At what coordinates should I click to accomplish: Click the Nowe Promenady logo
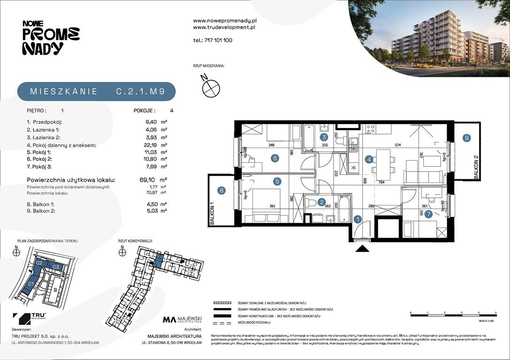[51, 38]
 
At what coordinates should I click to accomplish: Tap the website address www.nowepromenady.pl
[224, 21]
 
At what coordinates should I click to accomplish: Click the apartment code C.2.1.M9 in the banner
[140, 92]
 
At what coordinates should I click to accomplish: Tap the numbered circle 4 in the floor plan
[369, 159]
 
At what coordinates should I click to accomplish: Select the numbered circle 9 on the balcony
[466, 138]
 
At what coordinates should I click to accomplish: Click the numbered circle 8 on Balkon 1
[221, 190]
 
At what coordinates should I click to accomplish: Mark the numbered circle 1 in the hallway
[357, 218]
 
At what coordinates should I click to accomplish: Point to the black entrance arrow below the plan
[362, 249]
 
